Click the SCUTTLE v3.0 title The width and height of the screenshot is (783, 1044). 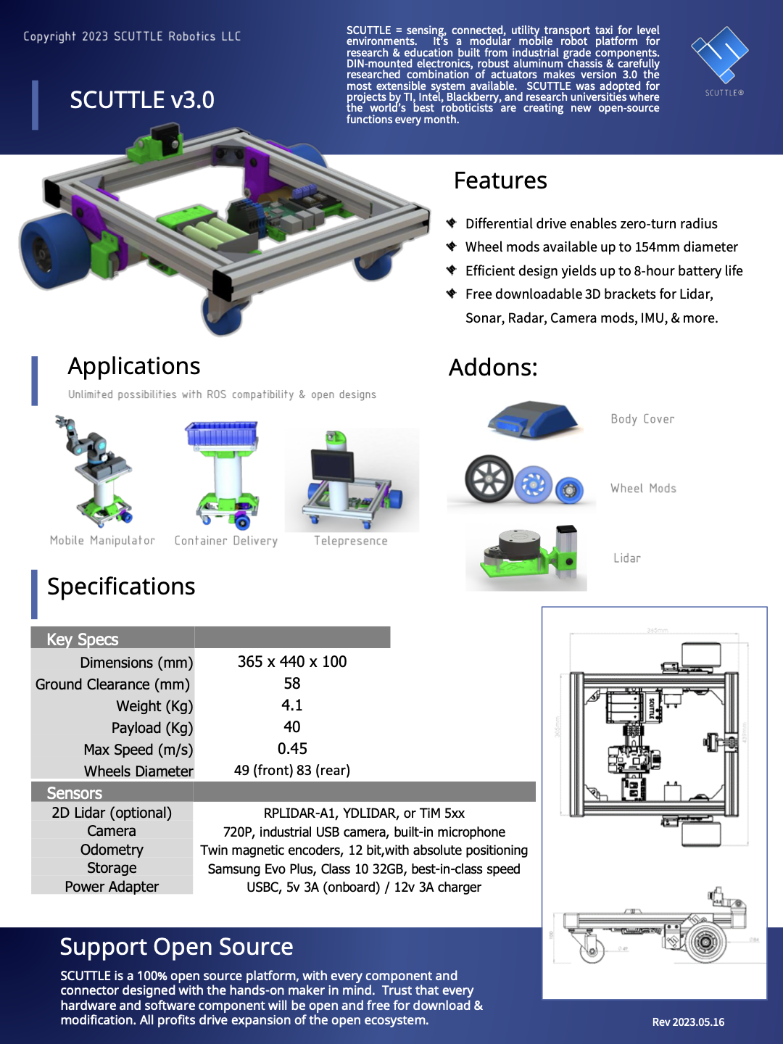(142, 100)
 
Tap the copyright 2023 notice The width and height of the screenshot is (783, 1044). (132, 36)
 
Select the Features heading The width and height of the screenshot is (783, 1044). (500, 181)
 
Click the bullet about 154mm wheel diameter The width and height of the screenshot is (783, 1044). (601, 247)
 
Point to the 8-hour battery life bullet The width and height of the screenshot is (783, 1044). (603, 271)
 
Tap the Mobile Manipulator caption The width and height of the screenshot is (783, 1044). (102, 541)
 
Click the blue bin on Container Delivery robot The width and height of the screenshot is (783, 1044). (222, 434)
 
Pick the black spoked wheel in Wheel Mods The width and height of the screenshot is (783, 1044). (489, 479)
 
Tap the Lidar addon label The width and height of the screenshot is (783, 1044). (627, 558)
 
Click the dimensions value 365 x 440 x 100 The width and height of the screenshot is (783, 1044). (292, 662)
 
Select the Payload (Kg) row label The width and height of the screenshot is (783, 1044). (152, 728)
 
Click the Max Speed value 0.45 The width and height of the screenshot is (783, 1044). (292, 749)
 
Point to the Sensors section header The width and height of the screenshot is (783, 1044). (75, 793)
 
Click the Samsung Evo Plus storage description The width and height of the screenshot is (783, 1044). (364, 869)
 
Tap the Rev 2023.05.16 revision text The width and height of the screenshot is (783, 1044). (688, 1022)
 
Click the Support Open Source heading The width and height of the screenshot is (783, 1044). (176, 947)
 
